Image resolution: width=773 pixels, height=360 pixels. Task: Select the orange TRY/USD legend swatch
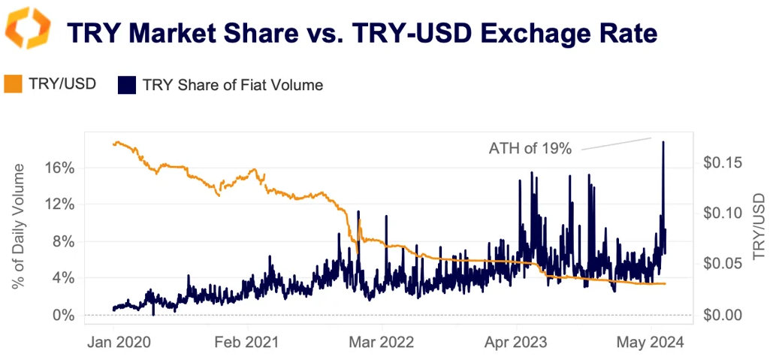click(x=14, y=84)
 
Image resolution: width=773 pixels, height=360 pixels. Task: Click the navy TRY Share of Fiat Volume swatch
click(x=126, y=85)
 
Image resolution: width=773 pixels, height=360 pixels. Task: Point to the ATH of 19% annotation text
click(x=530, y=149)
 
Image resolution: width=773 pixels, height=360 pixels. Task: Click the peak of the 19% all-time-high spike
click(x=663, y=141)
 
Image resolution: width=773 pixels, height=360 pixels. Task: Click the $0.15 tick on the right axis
click(x=723, y=162)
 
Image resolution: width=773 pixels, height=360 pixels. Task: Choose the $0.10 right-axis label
click(x=723, y=213)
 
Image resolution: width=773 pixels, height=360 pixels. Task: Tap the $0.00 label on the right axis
click(x=723, y=315)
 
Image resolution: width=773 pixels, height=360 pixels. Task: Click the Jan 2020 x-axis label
click(x=119, y=343)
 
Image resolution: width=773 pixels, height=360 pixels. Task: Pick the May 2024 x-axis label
click(x=651, y=343)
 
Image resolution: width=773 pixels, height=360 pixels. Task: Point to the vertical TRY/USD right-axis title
click(x=759, y=226)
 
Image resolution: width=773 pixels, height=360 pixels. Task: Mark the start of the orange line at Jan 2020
click(x=113, y=143)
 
